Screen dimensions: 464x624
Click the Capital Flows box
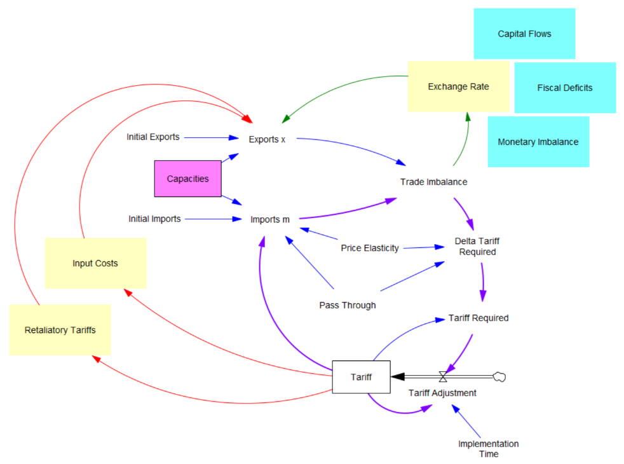524,34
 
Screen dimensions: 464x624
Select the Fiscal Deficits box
565,88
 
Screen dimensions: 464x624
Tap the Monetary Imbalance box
538,142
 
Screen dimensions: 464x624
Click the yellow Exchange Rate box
458,86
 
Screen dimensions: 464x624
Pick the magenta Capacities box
187,179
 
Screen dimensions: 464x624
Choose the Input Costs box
95,263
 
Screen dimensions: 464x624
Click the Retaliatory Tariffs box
60,330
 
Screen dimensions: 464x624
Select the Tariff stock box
361,377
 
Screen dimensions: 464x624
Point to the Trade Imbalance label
433,182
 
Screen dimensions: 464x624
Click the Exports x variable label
267,139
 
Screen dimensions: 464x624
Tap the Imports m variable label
270,219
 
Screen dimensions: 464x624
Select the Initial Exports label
153,137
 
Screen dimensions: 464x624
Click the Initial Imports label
154,219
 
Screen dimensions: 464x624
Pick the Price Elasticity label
370,248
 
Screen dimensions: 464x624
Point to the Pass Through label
348,305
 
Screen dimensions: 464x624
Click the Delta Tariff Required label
475,246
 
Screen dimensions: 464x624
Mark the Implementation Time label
489,449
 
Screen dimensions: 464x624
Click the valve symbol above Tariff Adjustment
443,377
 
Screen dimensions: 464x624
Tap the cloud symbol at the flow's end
499,377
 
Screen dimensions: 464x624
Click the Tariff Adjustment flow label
442,393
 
